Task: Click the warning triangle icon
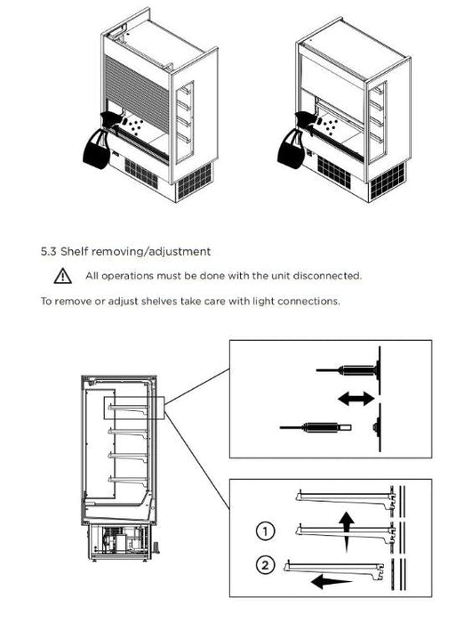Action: click(63, 276)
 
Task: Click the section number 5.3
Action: click(49, 252)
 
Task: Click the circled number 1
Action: click(266, 531)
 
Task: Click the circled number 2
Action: click(266, 564)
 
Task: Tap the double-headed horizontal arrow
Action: click(356, 399)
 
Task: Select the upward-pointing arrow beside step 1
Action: click(347, 531)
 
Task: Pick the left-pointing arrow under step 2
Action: click(332, 583)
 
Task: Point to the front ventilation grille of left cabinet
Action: click(141, 174)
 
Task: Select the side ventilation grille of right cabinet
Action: click(387, 181)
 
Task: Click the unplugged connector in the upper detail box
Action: click(316, 427)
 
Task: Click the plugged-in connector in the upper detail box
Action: click(347, 370)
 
